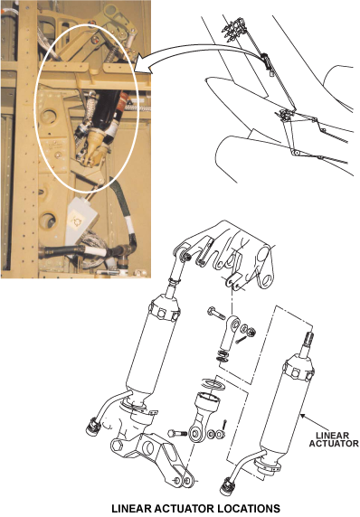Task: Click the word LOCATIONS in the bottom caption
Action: pos(238,509)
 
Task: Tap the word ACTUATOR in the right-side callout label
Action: pos(334,444)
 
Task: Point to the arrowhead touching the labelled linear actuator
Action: pos(301,417)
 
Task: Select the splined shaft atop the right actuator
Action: pos(308,342)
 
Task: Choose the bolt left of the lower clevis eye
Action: pos(177,433)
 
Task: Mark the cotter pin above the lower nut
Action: pos(224,425)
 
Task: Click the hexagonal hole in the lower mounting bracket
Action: pos(118,446)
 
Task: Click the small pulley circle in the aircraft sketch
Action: pos(295,153)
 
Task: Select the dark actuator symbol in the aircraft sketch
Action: pos(266,60)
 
